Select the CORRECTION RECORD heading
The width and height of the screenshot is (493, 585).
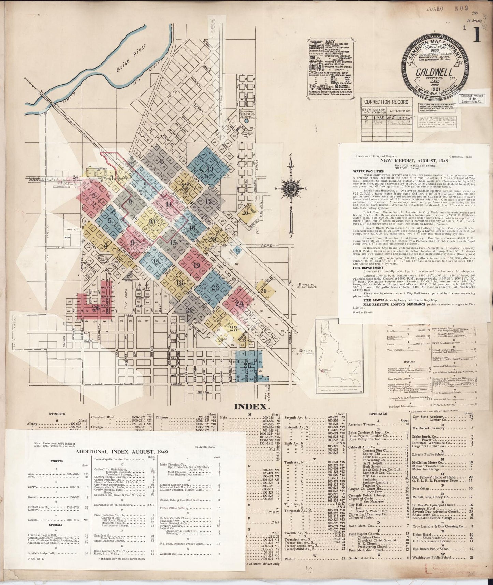pyautogui.click(x=381, y=102)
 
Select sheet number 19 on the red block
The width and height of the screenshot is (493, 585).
pyautogui.click(x=196, y=266)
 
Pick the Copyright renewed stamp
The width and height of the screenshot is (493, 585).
pyautogui.click(x=472, y=99)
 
